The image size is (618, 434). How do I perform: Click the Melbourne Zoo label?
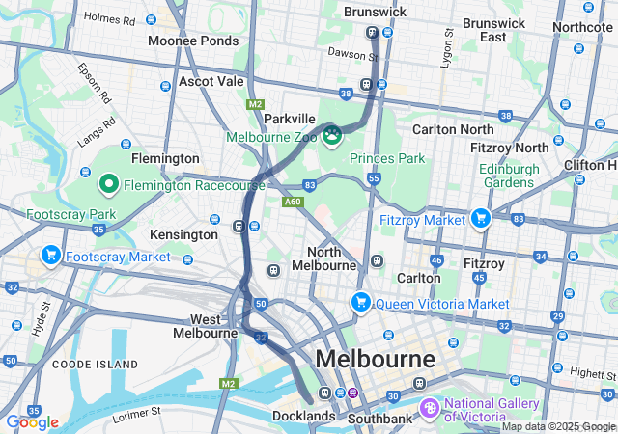pyautogui.click(x=272, y=137)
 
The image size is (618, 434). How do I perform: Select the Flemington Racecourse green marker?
pyautogui.click(x=109, y=183)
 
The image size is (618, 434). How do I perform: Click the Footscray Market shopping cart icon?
pyautogui.click(x=50, y=257)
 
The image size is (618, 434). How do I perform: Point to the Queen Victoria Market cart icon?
pyautogui.click(x=361, y=303)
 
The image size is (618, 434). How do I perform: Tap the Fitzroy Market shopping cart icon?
pyautogui.click(x=480, y=219)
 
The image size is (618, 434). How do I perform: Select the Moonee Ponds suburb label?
pyautogui.click(x=192, y=41)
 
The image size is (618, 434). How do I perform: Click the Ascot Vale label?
pyautogui.click(x=211, y=82)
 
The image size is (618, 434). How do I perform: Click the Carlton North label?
pyautogui.click(x=452, y=129)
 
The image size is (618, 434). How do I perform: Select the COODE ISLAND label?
pyautogui.click(x=84, y=364)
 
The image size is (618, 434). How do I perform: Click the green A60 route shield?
pyautogui.click(x=294, y=202)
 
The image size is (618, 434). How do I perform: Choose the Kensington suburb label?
pyautogui.click(x=183, y=234)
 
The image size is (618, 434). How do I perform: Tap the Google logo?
pyautogui.click(x=32, y=422)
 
